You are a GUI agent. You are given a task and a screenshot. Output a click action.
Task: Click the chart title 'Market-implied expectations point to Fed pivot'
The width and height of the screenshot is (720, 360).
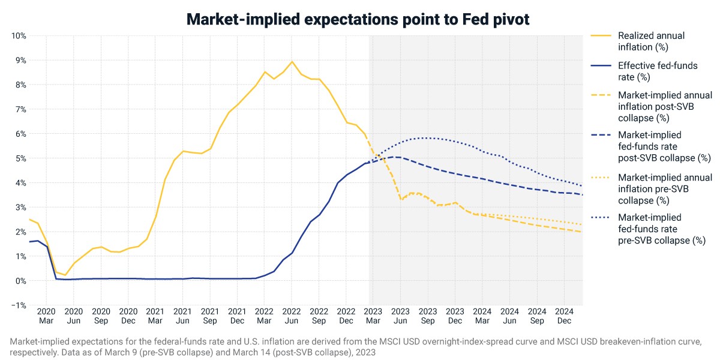coord(358,19)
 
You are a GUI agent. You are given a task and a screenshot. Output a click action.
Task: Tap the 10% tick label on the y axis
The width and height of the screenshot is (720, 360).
coord(19,35)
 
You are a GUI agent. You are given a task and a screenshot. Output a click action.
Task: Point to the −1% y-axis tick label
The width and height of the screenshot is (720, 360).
coord(19,305)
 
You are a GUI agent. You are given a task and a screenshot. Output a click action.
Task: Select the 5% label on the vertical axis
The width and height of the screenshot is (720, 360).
coord(20,158)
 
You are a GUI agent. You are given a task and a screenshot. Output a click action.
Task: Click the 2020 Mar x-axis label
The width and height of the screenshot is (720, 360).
coord(46,316)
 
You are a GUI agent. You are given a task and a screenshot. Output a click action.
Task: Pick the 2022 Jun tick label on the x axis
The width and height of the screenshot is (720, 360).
coord(292,316)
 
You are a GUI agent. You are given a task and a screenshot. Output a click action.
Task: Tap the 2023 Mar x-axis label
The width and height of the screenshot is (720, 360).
coord(373,316)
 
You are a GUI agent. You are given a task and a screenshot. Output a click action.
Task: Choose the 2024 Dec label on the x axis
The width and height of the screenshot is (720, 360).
coord(564,316)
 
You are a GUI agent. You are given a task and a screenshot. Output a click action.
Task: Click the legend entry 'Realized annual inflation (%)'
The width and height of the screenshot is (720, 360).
coord(651,41)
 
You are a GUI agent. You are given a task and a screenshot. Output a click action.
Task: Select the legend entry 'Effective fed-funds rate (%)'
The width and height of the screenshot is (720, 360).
coord(658,71)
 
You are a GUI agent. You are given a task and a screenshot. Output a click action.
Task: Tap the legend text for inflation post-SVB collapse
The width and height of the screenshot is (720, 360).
coord(665,107)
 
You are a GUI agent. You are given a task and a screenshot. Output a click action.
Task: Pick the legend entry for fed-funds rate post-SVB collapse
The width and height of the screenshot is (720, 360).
coord(664,146)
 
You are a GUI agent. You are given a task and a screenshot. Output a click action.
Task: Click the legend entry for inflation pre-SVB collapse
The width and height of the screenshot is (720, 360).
coord(665,189)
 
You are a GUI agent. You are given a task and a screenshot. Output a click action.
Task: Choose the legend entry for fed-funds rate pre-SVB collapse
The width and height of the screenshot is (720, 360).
coord(662,229)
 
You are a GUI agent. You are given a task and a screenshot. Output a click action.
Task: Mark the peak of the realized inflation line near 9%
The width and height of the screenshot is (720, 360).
coord(292,61)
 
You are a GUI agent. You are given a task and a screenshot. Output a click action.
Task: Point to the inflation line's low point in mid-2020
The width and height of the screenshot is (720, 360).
coord(65,275)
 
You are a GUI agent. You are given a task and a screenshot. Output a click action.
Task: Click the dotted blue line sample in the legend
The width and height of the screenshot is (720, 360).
coord(601,218)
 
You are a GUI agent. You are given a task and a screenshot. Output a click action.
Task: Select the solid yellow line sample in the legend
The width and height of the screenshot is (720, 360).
coord(601,35)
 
